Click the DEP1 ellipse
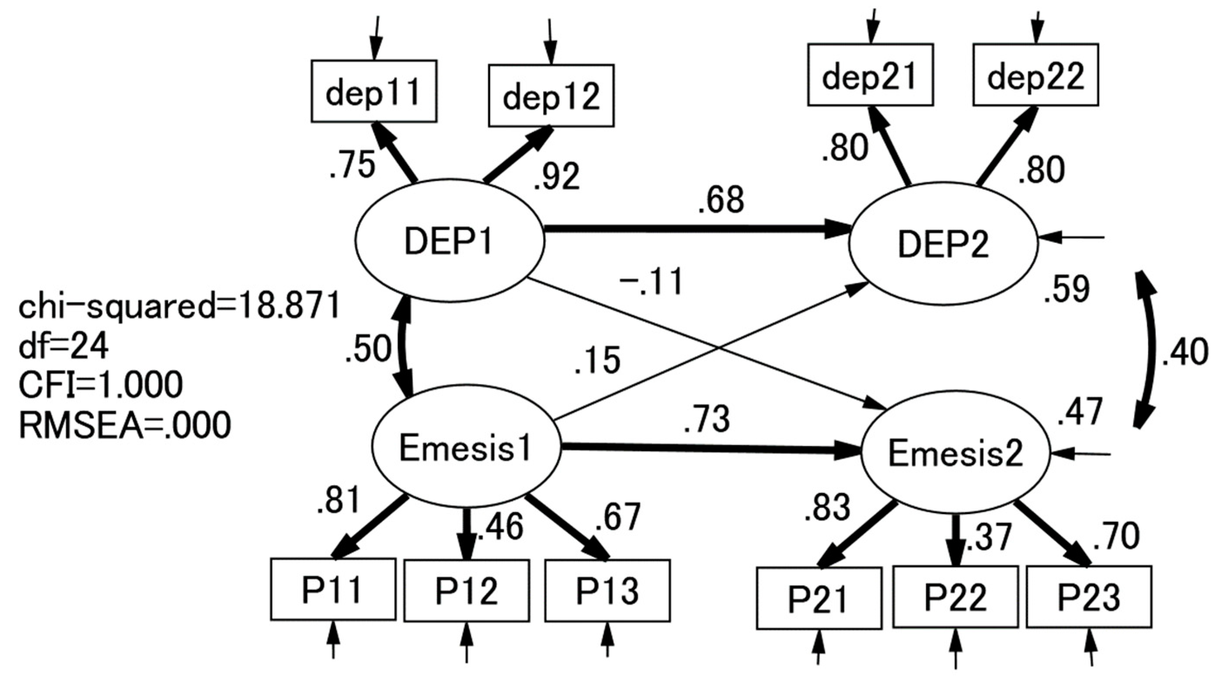(449, 241)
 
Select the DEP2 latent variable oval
(943, 245)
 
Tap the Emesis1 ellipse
(465, 448)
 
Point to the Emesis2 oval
(955, 454)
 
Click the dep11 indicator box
(373, 91)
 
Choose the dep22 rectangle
(1036, 75)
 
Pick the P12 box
(466, 591)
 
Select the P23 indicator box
(1088, 597)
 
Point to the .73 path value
(706, 420)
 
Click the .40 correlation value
(1185, 353)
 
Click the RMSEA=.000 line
(124, 425)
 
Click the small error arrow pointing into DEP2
(1071, 237)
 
